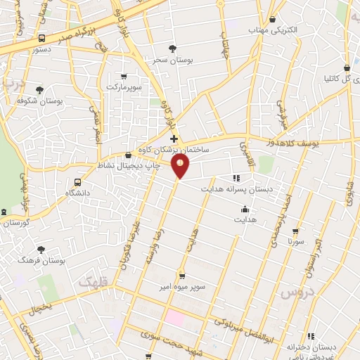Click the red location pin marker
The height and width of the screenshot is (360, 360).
(x=181, y=166)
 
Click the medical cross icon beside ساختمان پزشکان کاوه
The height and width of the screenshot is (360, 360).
(x=174, y=139)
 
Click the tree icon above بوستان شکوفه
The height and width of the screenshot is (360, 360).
(x=39, y=90)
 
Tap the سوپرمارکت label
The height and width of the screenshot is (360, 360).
(x=124, y=86)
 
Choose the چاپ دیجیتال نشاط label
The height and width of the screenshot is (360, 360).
(x=127, y=167)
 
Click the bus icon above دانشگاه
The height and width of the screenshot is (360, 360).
(x=77, y=183)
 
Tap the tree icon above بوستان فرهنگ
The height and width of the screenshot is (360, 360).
(x=41, y=250)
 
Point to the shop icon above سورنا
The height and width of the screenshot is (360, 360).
(x=295, y=231)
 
